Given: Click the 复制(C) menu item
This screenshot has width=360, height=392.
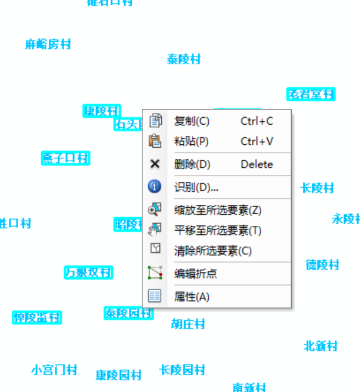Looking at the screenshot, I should pyautogui.click(x=192, y=121).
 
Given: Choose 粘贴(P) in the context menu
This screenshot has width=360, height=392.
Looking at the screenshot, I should pyautogui.click(x=191, y=141).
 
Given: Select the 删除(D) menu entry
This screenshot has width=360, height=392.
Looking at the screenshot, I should pyautogui.click(x=192, y=164).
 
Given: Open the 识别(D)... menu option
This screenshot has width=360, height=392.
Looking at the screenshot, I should pyautogui.click(x=196, y=187).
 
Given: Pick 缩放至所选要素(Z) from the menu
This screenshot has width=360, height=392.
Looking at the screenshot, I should pyautogui.click(x=218, y=210).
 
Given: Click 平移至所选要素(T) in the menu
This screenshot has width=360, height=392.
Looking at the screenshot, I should pyautogui.click(x=218, y=230).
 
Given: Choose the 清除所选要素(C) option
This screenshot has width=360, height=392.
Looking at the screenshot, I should pyautogui.click(x=213, y=251).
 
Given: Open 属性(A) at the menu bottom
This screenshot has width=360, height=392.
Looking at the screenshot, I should pyautogui.click(x=192, y=297).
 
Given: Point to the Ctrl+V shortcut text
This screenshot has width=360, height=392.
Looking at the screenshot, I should pyautogui.click(x=257, y=141).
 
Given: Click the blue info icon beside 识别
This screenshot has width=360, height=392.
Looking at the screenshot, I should pyautogui.click(x=155, y=187).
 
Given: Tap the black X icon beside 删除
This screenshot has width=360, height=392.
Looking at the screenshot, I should pyautogui.click(x=155, y=164).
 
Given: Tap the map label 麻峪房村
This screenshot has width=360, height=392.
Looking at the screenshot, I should pyautogui.click(x=48, y=44).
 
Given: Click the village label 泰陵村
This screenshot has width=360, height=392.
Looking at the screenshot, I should pyautogui.click(x=184, y=59).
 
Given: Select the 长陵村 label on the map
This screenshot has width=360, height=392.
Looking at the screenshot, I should pyautogui.click(x=317, y=188).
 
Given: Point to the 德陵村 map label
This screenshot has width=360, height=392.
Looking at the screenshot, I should pyautogui.click(x=322, y=265).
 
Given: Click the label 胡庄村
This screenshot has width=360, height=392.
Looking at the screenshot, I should pyautogui.click(x=188, y=324).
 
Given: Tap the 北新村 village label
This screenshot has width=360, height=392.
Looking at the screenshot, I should pyautogui.click(x=321, y=346).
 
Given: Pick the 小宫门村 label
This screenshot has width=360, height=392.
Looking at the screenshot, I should pyautogui.click(x=54, y=370).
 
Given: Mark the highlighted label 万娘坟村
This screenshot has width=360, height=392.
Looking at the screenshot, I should pyautogui.click(x=88, y=273).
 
